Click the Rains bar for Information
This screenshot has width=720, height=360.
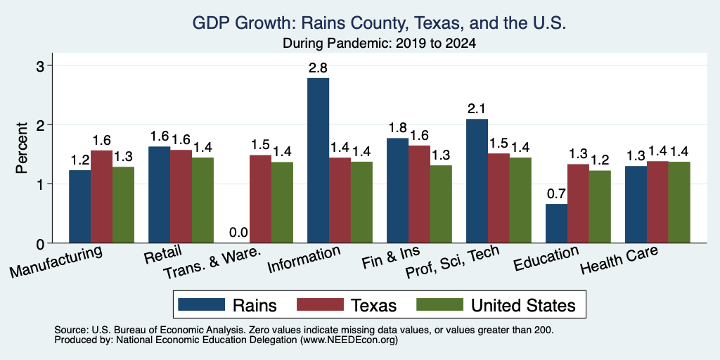[318, 160]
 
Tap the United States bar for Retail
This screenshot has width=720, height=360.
[202, 200]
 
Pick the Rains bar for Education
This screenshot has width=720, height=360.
[556, 223]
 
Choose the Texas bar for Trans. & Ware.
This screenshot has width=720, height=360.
[260, 199]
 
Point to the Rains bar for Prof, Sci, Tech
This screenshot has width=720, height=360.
[477, 181]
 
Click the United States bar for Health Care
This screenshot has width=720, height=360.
[679, 202]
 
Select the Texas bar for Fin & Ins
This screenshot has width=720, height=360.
[419, 194]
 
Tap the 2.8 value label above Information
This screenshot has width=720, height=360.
[318, 68]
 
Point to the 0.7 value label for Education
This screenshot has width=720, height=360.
[556, 194]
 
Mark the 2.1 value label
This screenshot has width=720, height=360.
[477, 109]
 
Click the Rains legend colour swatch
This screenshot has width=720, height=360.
[202, 304]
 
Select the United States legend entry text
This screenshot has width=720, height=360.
[522, 305]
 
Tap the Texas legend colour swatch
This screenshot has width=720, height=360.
[320, 304]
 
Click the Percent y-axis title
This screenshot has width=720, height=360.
[22, 148]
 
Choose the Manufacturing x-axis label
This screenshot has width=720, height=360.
[56, 262]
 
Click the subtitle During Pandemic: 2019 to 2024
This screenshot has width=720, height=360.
[379, 44]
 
